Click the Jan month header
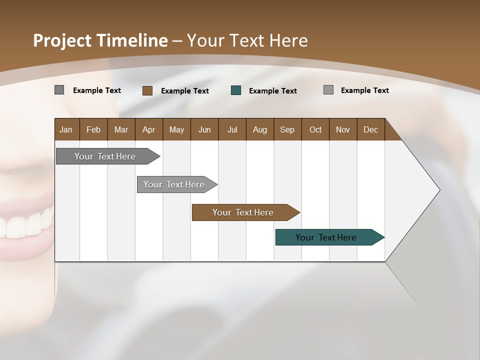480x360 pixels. tap(66, 129)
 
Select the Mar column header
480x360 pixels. tap(121, 129)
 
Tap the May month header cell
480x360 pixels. tap(176, 129)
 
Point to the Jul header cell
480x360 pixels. tap(232, 129)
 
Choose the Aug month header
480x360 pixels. tap(259, 129)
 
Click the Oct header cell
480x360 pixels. tap(315, 129)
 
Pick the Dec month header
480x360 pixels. tap(370, 129)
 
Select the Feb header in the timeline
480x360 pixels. tap(93, 129)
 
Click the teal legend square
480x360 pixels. tap(236, 90)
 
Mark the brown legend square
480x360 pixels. tap(147, 90)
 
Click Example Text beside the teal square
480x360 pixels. tap(272, 91)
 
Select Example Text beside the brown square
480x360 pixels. tap(184, 91)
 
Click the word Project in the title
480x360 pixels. tap(62, 41)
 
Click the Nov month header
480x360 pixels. tap(342, 129)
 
